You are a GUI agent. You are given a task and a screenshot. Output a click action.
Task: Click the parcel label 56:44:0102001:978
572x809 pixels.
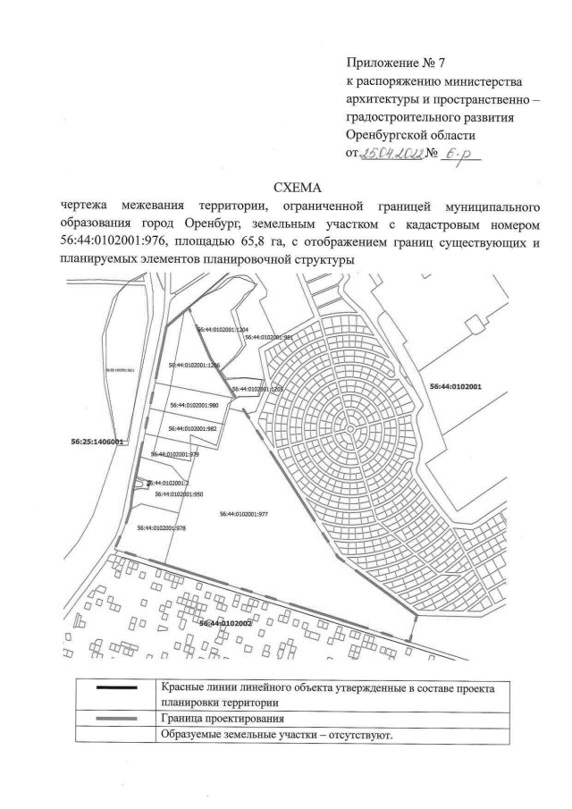pyautogui.click(x=162, y=528)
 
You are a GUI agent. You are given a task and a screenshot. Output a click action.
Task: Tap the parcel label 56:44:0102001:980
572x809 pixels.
pyautogui.click(x=194, y=405)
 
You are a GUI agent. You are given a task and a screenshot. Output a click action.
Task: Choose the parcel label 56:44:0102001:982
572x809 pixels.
pyautogui.click(x=193, y=429)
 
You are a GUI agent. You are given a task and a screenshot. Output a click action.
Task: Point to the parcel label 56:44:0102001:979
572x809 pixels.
pyautogui.click(x=175, y=455)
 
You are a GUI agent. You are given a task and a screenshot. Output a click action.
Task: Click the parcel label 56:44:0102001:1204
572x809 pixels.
pyautogui.click(x=221, y=330)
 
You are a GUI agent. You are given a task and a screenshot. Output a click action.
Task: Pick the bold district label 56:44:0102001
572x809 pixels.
pyautogui.click(x=456, y=387)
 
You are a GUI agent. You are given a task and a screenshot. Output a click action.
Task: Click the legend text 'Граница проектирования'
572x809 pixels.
pyautogui.click(x=223, y=719)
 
